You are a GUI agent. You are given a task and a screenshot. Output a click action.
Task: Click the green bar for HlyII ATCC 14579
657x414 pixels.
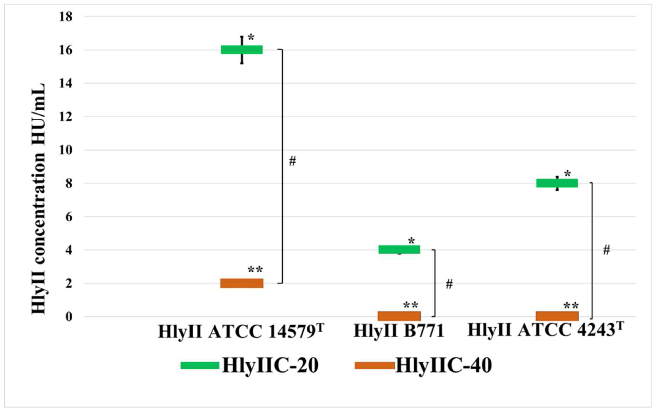(x=242, y=50)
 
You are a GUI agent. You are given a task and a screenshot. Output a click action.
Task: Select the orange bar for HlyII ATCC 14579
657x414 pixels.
(x=242, y=283)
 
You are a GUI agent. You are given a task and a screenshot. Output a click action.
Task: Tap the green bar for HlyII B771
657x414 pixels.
(x=399, y=249)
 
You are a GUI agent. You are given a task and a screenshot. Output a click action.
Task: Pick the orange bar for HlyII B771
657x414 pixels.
(x=399, y=316)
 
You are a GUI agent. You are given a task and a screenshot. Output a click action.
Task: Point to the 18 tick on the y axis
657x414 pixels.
(x=66, y=17)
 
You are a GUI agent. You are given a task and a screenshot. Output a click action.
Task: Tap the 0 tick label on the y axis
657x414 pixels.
(x=69, y=317)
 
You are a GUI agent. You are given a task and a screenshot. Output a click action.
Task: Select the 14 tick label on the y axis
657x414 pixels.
(x=66, y=83)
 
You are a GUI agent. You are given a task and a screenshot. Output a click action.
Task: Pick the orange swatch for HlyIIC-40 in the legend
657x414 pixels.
(x=374, y=365)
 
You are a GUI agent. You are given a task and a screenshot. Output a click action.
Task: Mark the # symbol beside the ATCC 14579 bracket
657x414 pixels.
(x=292, y=161)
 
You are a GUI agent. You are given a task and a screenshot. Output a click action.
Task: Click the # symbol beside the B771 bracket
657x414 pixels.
(x=449, y=284)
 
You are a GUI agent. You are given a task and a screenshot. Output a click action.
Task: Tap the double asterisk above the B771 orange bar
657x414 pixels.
(x=411, y=305)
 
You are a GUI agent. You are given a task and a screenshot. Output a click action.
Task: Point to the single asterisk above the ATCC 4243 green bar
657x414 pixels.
(x=567, y=174)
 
